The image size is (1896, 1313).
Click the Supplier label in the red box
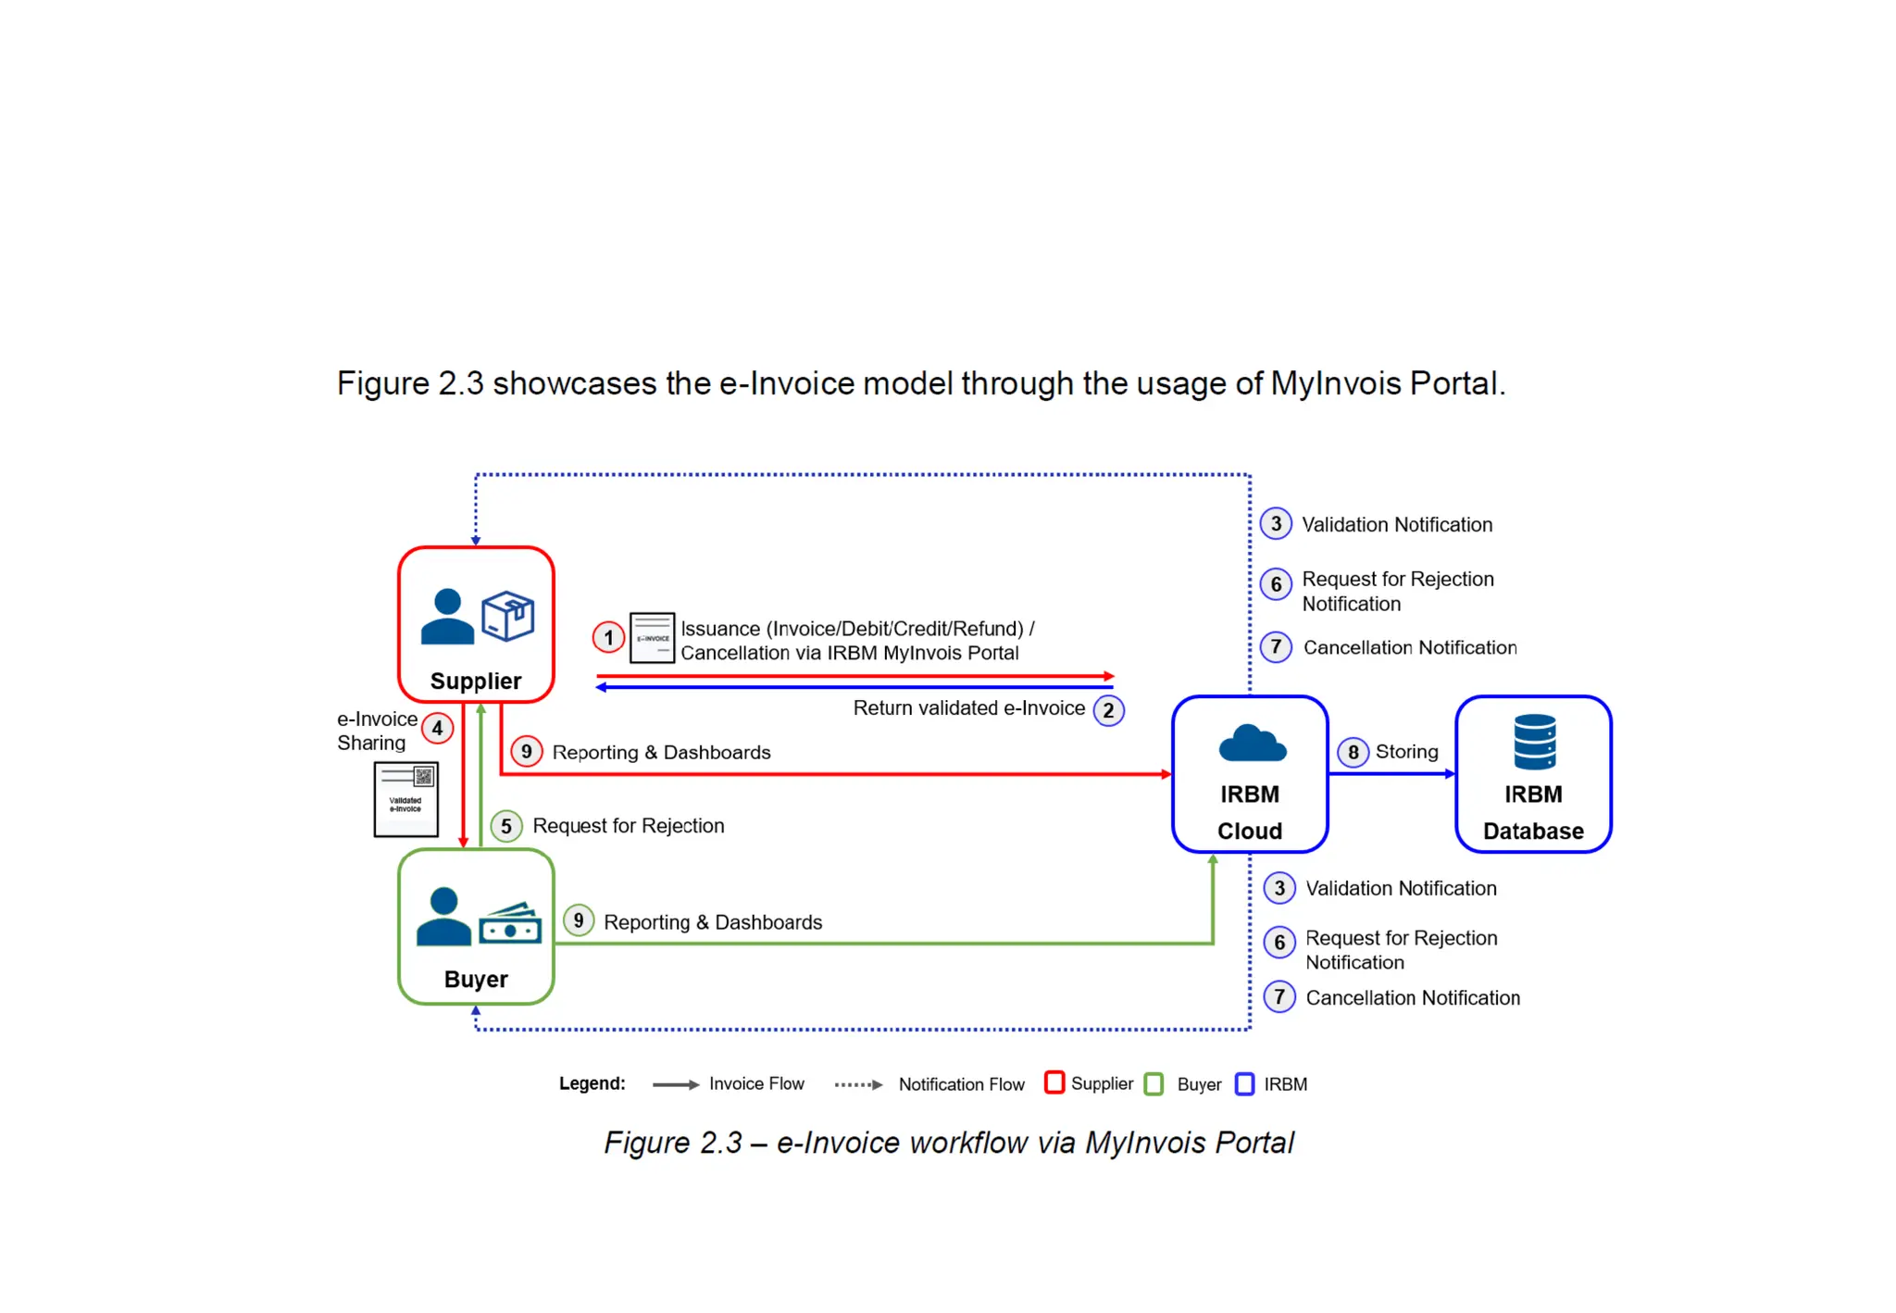[x=476, y=681]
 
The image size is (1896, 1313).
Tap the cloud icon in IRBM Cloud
[x=1252, y=744]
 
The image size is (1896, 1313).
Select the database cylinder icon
[x=1534, y=742]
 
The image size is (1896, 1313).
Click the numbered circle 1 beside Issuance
[x=608, y=637]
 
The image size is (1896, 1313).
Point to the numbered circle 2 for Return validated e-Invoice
[x=1108, y=710]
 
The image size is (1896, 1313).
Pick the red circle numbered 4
[x=437, y=728]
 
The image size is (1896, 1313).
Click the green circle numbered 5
[x=506, y=825]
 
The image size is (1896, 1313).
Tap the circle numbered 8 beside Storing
[x=1353, y=752]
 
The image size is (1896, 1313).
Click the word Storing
[x=1406, y=752]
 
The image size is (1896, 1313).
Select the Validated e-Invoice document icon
[x=405, y=799]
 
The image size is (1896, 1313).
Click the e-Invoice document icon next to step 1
[x=652, y=637]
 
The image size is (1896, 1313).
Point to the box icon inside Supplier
[x=507, y=616]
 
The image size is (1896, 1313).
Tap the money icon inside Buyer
[x=509, y=923]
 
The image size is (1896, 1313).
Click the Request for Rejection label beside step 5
[x=628, y=825]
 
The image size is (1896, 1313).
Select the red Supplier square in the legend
[x=1054, y=1082]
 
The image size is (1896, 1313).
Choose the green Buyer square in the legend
[x=1154, y=1083]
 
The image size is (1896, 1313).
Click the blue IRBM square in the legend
[x=1245, y=1083]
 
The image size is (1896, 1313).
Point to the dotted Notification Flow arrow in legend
[x=858, y=1084]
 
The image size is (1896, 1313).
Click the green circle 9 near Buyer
[x=579, y=920]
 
